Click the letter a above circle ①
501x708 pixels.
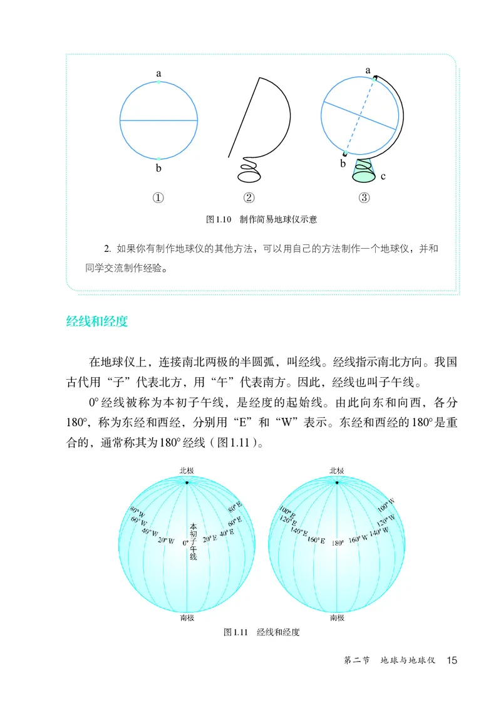[x=158, y=73]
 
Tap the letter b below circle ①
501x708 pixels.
[x=158, y=168]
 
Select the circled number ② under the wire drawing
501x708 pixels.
[x=249, y=198]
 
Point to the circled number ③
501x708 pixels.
[x=364, y=198]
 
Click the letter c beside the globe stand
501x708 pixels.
[x=383, y=177]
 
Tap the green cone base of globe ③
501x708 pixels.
[x=363, y=170]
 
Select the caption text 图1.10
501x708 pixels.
[x=219, y=219]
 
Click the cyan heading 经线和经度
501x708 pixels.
[x=97, y=321]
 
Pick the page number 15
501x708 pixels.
[x=452, y=660]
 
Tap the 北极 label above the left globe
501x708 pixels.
[x=187, y=471]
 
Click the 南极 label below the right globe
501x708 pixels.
[x=337, y=618]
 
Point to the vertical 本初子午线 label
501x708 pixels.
[x=193, y=542]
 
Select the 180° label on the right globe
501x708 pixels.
[x=338, y=543]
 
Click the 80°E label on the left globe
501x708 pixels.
[x=235, y=507]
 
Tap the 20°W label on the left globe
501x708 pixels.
[x=166, y=540]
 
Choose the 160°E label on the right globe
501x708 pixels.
[x=316, y=539]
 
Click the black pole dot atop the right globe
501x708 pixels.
[x=337, y=482]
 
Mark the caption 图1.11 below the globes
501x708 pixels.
[x=235, y=632]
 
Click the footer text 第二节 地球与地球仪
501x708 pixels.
[x=390, y=660]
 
